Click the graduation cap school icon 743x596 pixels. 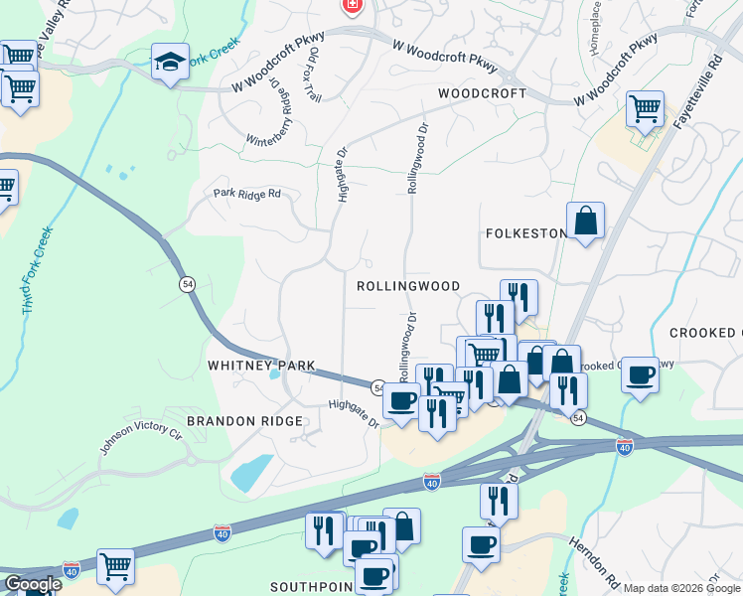[171, 63]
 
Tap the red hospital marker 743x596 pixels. [351, 6]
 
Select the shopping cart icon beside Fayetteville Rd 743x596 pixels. [645, 108]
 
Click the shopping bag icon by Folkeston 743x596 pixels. [585, 221]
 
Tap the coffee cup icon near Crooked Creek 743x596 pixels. [640, 375]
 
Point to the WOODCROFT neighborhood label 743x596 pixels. [482, 92]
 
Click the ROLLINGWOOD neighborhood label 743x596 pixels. [408, 286]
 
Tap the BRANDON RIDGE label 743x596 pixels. [244, 421]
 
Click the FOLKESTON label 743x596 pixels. [525, 233]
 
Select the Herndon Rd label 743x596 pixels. [594, 560]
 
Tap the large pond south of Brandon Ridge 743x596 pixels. [251, 473]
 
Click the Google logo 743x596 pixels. [32, 584]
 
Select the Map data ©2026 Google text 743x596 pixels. [680, 588]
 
